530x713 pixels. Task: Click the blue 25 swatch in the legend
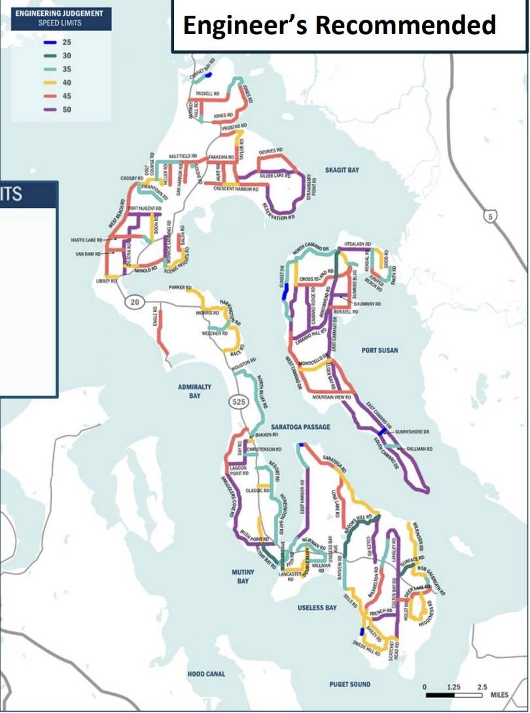[50, 43]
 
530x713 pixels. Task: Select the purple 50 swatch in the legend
[50, 110]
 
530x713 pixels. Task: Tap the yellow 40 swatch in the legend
[50, 83]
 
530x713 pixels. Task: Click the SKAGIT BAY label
[342, 170]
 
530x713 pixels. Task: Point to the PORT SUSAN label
[380, 351]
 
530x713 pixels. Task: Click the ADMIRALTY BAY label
[194, 391]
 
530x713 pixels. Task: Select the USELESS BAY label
[316, 608]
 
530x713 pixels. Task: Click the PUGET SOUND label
[349, 684]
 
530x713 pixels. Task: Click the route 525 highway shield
[238, 402]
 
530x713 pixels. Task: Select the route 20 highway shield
[135, 302]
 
